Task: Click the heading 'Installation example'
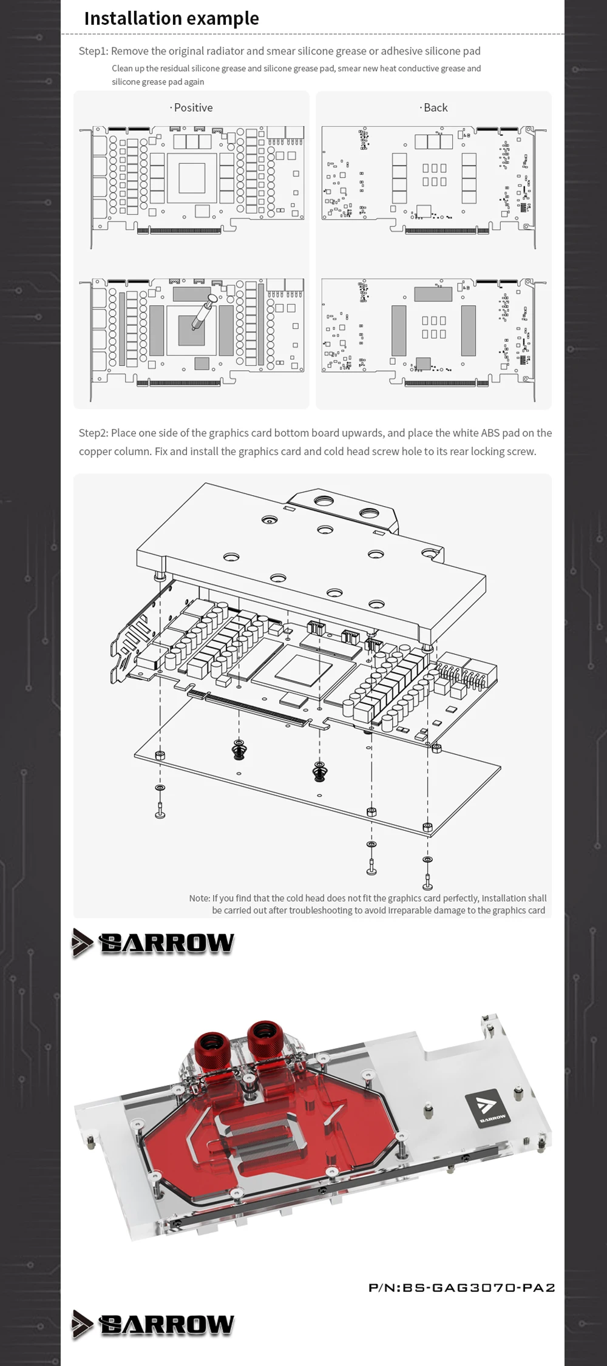pos(171,19)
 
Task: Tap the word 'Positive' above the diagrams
pos(193,107)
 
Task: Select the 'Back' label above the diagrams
pos(435,107)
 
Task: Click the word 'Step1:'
pos(93,51)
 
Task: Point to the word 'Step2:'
pos(93,433)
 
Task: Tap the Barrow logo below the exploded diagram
pos(153,943)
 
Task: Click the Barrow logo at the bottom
pos(153,1324)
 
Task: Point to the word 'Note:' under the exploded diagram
pos(199,898)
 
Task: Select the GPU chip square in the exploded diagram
pos(302,671)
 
